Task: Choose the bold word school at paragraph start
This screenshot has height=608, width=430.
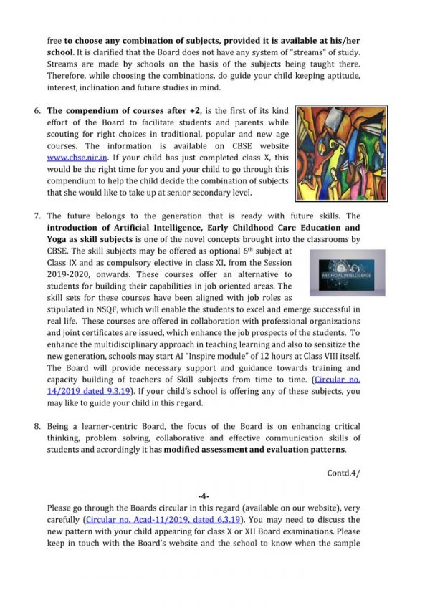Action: coord(61,53)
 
